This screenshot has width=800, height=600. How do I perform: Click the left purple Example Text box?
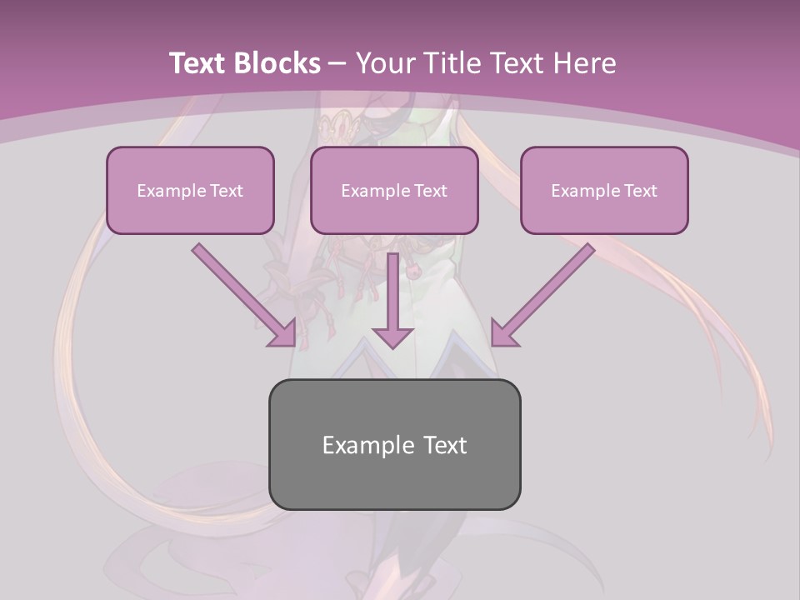coord(190,190)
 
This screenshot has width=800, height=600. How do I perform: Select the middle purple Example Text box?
coord(394,190)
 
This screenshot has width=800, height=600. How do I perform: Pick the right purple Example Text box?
coord(604,190)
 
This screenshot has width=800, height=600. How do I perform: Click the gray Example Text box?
coord(394,444)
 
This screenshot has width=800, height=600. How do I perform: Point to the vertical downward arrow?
coord(393,300)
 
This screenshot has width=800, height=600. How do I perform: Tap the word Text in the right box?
coord(640,191)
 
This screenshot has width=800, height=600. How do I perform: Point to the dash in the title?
coord(337,63)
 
